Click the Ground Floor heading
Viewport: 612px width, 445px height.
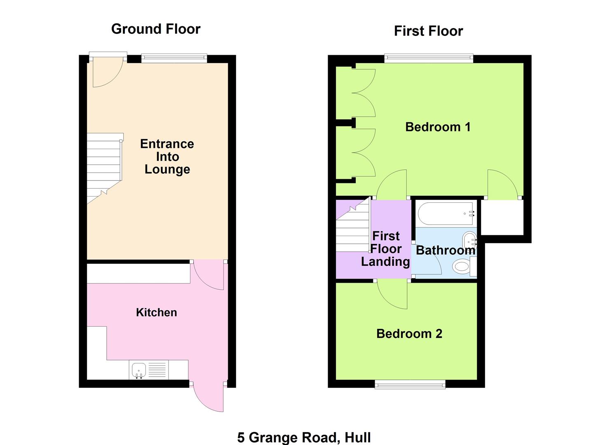tap(156, 29)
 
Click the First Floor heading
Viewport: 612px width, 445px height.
tap(428, 31)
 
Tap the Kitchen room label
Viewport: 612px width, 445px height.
tap(156, 312)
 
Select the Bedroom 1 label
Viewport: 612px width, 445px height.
tap(438, 127)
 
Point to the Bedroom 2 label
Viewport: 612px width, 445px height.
tap(409, 333)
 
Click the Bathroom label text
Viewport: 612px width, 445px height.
tap(445, 250)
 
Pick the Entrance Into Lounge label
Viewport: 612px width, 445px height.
tap(167, 157)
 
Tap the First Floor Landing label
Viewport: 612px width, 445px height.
tap(386, 249)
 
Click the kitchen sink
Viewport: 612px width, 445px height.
tap(139, 370)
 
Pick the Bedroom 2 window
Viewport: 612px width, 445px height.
tap(410, 384)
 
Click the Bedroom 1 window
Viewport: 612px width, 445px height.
tap(429, 59)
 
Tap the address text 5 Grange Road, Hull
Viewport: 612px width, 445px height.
tap(304, 437)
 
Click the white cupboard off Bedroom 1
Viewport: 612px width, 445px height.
tap(502, 218)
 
